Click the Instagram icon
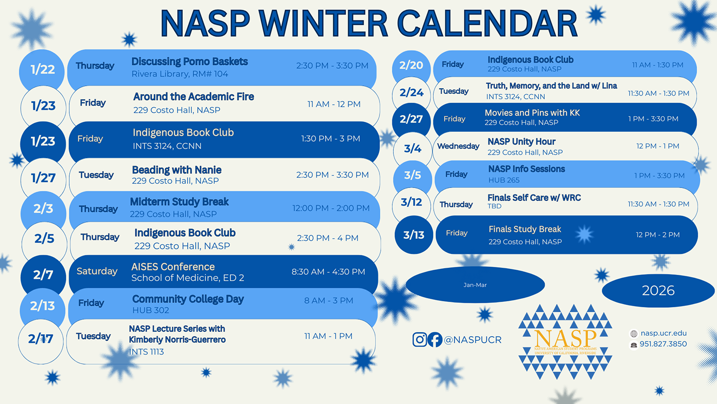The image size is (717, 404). (x=420, y=340)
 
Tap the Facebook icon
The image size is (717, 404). (x=435, y=340)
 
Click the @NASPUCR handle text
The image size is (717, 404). (x=473, y=340)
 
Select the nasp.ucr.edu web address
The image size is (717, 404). (x=663, y=333)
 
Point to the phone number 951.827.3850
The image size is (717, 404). (x=663, y=344)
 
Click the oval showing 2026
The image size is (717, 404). (x=658, y=290)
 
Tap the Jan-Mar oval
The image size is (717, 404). (x=475, y=285)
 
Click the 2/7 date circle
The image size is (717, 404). (x=43, y=275)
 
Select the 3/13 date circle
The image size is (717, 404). (x=414, y=234)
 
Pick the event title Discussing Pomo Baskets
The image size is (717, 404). (x=190, y=62)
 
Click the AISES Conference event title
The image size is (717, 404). (x=173, y=267)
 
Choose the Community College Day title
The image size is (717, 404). (x=188, y=299)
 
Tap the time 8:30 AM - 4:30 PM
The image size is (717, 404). (x=328, y=272)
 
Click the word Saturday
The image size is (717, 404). (x=97, y=271)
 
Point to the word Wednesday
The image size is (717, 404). (x=458, y=146)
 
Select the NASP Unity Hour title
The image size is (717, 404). (x=521, y=142)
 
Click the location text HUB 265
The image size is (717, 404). (x=504, y=180)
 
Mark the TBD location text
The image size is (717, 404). (x=494, y=206)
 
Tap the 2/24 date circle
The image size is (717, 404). (x=411, y=92)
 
